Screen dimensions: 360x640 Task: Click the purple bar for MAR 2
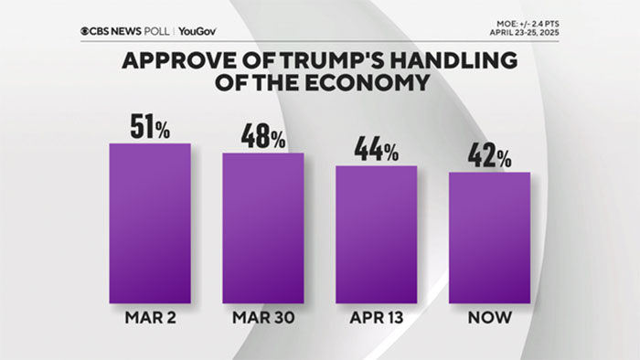pos(150,221)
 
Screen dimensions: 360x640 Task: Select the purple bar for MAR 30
pos(263,227)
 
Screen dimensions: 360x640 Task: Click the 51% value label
pos(150,127)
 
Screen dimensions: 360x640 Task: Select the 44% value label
pos(376,151)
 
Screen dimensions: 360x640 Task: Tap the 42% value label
pos(489,156)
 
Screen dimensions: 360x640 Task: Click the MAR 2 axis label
pos(150,319)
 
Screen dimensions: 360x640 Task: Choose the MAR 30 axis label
pos(263,319)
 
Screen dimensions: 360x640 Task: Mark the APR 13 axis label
pos(376,319)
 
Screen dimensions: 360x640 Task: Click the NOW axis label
pos(489,319)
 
